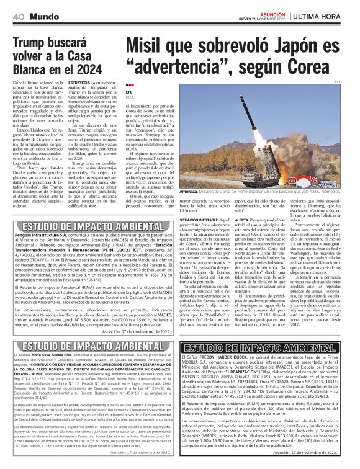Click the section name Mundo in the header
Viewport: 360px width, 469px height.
pos(44,14)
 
